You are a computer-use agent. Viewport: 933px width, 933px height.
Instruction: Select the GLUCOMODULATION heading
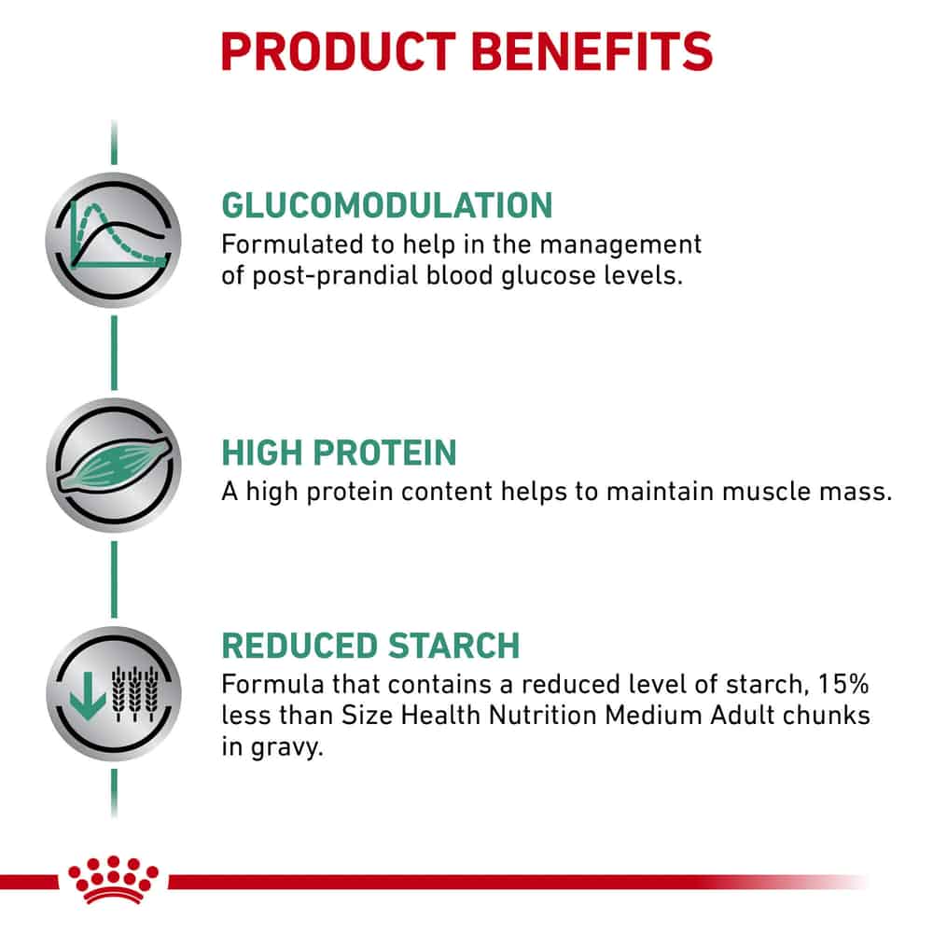pyautogui.click(x=387, y=206)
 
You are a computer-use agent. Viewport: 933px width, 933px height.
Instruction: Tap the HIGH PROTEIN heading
pyautogui.click(x=340, y=453)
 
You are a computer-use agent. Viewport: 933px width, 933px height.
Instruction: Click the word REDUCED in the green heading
pyautogui.click(x=299, y=647)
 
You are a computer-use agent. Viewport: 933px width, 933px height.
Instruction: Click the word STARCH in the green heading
pyautogui.click(x=453, y=647)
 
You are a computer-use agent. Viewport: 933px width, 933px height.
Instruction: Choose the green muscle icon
pyautogui.click(x=115, y=464)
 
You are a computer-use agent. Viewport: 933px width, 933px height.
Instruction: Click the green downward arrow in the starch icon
pyautogui.click(x=88, y=696)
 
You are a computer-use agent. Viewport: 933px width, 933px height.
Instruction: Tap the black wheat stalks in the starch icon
pyautogui.click(x=135, y=694)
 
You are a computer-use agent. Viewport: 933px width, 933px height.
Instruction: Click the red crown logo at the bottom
pyautogui.click(x=113, y=880)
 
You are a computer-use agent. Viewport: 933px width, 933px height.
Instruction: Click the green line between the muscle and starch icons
pyautogui.click(x=114, y=579)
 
